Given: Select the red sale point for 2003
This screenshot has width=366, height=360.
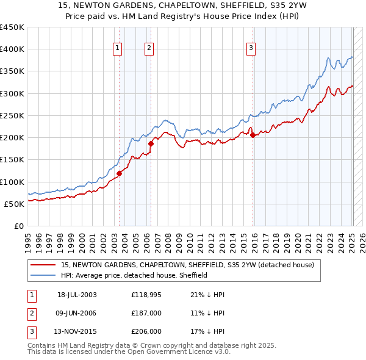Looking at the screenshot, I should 120,173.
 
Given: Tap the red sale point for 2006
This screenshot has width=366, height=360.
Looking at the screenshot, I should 151,143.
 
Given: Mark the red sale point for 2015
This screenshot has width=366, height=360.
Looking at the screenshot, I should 253,135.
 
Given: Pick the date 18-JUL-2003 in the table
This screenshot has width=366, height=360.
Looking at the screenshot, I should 77,294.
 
